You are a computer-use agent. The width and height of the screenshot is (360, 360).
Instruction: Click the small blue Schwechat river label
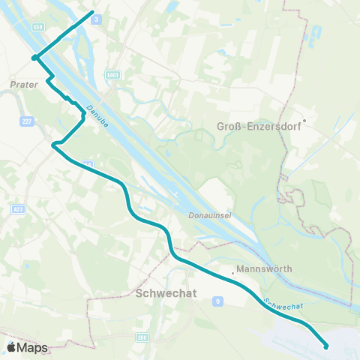coord(283,304)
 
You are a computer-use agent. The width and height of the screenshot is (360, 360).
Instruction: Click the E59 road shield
coord(37,27)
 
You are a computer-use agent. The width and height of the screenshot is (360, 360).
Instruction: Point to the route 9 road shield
coord(217,300)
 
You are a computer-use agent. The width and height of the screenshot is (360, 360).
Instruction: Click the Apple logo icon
coord(12,347)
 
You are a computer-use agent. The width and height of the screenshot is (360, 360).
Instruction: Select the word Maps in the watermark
coord(34,348)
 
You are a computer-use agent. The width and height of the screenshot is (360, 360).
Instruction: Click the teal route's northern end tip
coord(92,12)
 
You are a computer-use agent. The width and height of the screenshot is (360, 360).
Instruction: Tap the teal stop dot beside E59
coord(34,57)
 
